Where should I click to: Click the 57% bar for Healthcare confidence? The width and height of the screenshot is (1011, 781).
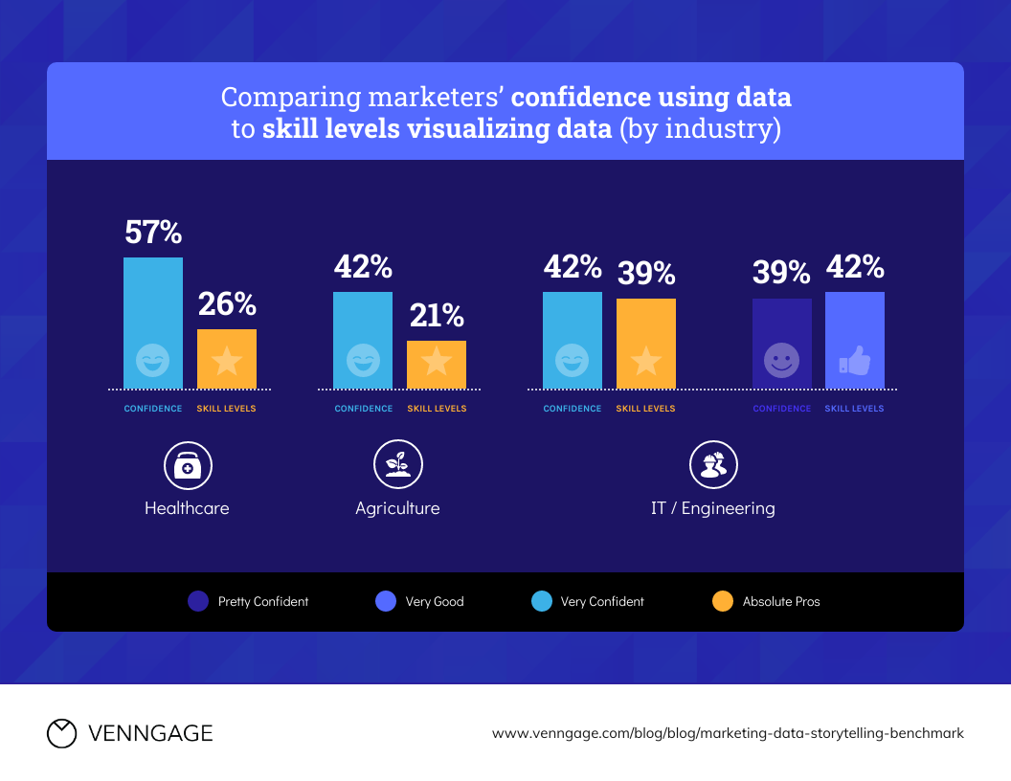[153, 323]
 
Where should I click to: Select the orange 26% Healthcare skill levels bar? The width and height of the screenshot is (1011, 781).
[227, 358]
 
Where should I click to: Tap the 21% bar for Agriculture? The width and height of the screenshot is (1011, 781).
[437, 364]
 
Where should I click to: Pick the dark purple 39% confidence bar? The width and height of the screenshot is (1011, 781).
[781, 343]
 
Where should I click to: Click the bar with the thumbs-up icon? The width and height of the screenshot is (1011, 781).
[855, 340]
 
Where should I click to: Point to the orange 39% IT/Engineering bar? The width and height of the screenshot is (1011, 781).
[646, 343]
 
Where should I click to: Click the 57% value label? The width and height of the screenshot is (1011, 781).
[153, 233]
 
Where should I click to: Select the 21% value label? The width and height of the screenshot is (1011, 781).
[437, 315]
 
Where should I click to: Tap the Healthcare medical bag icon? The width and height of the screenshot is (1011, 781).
[188, 466]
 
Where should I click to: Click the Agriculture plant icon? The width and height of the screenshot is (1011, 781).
[397, 466]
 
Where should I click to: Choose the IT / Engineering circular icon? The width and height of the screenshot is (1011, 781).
[713, 466]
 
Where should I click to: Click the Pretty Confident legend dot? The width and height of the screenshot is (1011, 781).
[198, 602]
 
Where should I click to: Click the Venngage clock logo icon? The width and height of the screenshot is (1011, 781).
[61, 733]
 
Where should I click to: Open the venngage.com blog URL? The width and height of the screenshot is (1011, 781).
[728, 733]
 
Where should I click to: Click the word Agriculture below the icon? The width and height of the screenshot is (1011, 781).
[397, 508]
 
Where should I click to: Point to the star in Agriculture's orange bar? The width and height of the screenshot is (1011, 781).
[437, 361]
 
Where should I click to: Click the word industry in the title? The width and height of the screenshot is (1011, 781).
[730, 128]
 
